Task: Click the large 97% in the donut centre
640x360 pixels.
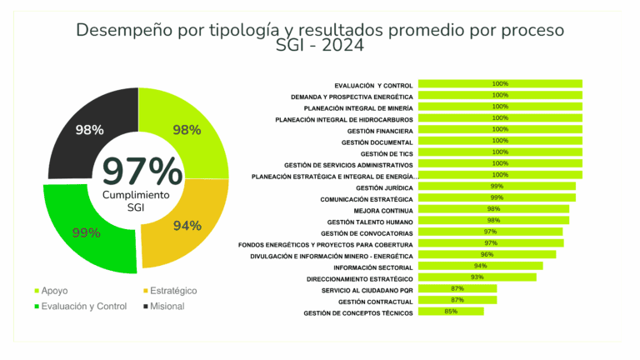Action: click(142, 171)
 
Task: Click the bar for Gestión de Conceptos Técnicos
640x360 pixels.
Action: click(451, 312)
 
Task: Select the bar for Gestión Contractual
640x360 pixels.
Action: click(457, 300)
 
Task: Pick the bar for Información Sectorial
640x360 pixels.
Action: click(480, 266)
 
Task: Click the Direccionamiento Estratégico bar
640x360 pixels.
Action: click(477, 277)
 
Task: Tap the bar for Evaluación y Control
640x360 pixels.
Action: click(500, 84)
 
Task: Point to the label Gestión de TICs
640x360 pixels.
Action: click(387, 153)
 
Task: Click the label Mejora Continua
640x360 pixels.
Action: click(383, 211)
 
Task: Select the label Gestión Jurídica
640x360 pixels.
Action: click(384, 187)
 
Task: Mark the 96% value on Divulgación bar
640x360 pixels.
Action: click(487, 254)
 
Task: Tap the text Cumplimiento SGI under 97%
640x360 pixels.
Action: click(136, 200)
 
